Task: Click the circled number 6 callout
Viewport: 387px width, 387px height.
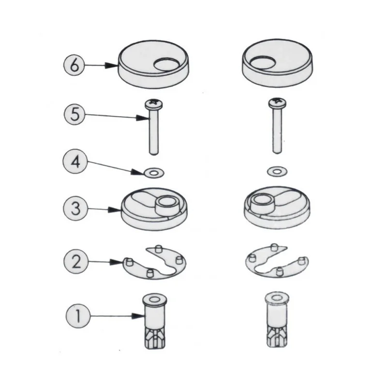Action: [x=74, y=65]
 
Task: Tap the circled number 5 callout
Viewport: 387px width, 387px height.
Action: [x=74, y=114]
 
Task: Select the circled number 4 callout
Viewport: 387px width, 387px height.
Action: [x=75, y=162]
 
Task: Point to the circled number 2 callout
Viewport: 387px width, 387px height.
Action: [x=76, y=261]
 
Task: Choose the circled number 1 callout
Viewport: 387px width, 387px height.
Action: [x=78, y=316]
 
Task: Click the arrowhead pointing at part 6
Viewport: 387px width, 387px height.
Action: [x=112, y=65]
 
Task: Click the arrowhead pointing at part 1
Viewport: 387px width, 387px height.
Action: [x=138, y=316]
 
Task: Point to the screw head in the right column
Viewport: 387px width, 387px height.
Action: [x=277, y=103]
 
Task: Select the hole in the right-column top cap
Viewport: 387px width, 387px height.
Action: [x=262, y=62]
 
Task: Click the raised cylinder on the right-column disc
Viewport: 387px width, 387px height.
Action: [x=262, y=202]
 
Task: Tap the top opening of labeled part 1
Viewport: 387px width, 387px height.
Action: [x=155, y=299]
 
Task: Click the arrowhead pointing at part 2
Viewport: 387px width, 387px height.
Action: [x=116, y=262]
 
